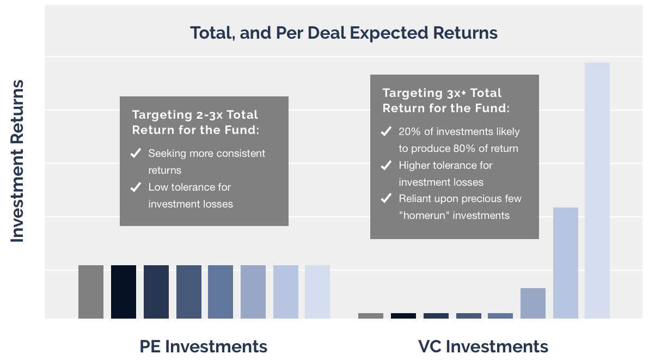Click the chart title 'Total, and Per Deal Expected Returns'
[x=344, y=33]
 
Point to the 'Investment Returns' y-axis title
[x=17, y=161]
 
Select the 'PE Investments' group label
[x=204, y=346]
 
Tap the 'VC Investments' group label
[x=483, y=346]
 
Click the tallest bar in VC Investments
[x=597, y=191]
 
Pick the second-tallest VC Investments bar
[x=566, y=263]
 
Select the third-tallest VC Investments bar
[x=533, y=303]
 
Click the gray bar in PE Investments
[x=91, y=292]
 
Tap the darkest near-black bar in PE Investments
[x=124, y=292]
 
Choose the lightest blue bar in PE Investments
[x=317, y=292]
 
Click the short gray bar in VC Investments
[x=371, y=316]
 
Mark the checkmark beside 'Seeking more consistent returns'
[x=136, y=153]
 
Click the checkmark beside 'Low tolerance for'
[x=136, y=187]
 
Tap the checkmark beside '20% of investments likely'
[x=386, y=131]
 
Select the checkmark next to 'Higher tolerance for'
[x=386, y=165]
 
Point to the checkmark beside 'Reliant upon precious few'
[x=386, y=198]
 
